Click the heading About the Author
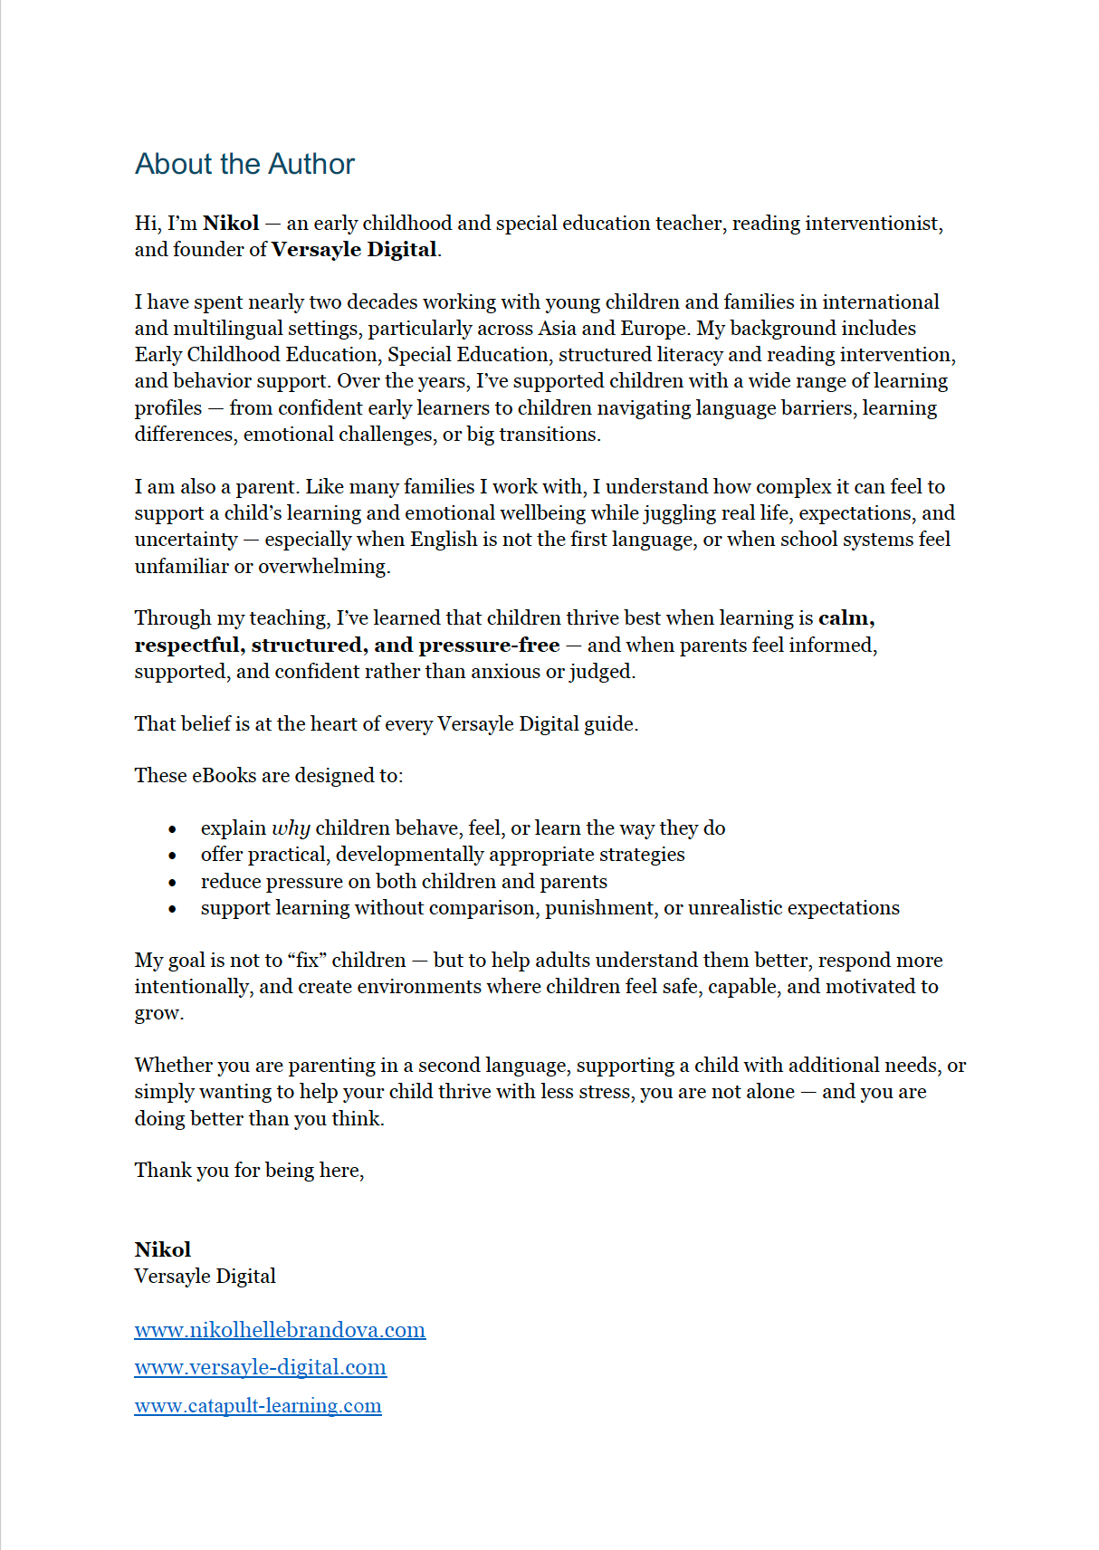(x=244, y=164)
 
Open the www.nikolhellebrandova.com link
(x=280, y=1330)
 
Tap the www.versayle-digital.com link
(x=261, y=1367)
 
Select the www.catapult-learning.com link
(x=258, y=1406)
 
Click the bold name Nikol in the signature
(x=163, y=1249)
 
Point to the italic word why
(x=291, y=828)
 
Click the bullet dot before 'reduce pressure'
(x=172, y=882)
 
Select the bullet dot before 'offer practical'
(x=172, y=855)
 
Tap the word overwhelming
(x=324, y=567)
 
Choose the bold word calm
(x=846, y=618)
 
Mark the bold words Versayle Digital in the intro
(x=354, y=250)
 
